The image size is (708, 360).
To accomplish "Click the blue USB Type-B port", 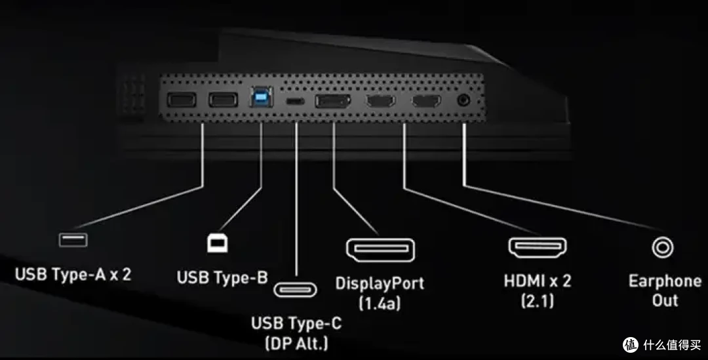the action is point(261,97).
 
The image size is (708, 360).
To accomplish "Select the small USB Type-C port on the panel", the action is point(294,101).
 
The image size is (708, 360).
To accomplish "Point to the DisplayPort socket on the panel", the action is point(333,101).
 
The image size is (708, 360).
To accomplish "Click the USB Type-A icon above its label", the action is point(73,239).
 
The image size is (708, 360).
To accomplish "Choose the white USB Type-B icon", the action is point(218,243).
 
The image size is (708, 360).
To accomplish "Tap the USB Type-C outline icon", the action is point(295,289).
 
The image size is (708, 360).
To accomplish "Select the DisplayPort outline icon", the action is point(380,250).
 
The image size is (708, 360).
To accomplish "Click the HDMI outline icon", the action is point(538,247).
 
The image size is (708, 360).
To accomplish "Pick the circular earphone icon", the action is point(663,247).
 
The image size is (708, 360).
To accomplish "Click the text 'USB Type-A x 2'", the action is point(73,274).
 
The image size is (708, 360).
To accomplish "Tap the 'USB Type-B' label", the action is point(222,277).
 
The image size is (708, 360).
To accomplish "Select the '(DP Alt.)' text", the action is point(296,344).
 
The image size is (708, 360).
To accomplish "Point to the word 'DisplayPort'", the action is point(380,284).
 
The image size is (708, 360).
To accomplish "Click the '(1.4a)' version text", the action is point(380,303).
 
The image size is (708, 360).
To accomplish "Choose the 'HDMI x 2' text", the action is point(538,281).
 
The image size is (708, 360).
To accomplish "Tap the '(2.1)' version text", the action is point(538,300).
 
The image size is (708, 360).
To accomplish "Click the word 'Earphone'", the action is point(665,281).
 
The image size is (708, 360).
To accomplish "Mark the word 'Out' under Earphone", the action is point(665,300).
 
